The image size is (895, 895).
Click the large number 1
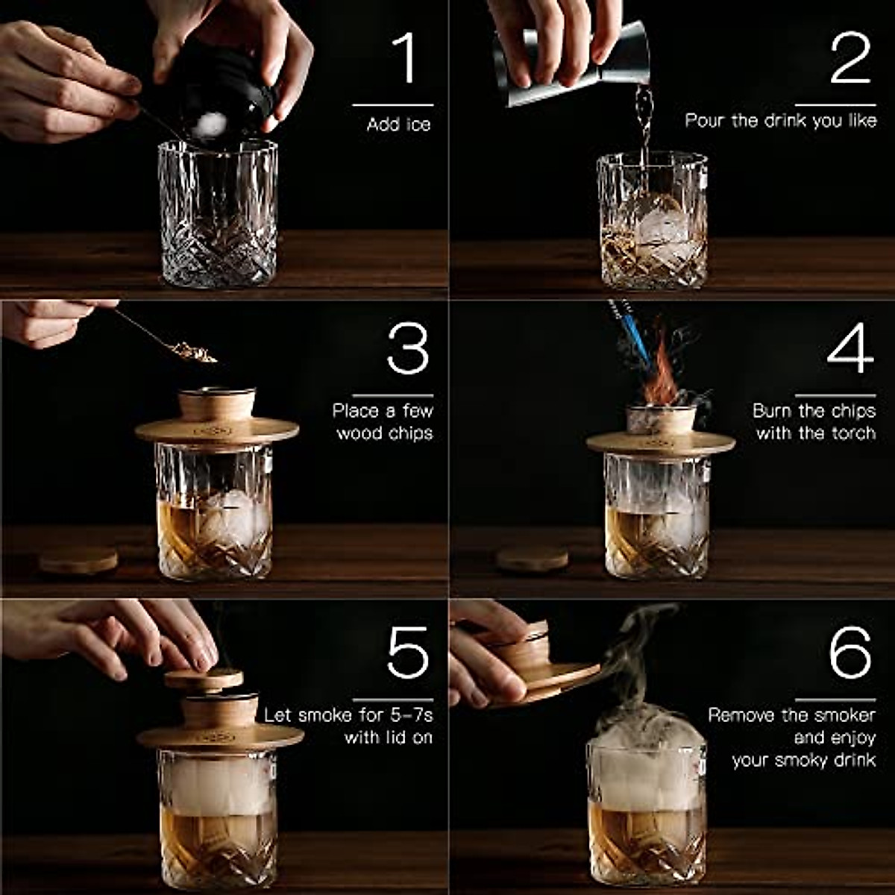[404, 57]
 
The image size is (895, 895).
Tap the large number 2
[850, 57]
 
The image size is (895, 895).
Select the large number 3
[408, 348]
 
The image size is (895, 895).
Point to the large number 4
[850, 348]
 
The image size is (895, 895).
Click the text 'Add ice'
[398, 125]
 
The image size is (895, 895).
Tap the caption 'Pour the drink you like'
[780, 121]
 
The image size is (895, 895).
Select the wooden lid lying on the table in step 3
[78, 559]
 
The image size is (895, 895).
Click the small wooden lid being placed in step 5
[204, 679]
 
